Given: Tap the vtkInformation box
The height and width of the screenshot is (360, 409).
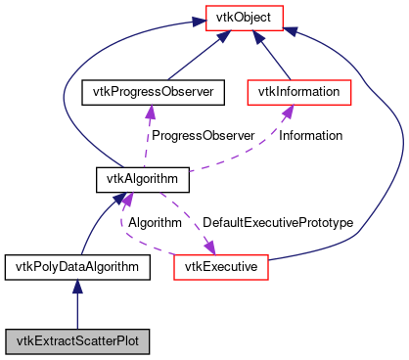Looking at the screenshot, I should click(x=298, y=92).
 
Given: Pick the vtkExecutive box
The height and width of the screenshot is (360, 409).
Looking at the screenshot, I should click(x=220, y=265).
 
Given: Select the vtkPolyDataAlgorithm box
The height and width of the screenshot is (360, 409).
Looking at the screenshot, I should click(x=76, y=265).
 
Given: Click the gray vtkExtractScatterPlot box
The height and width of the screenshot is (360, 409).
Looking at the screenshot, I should click(x=76, y=341).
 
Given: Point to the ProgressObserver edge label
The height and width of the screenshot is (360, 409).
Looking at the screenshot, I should click(x=192, y=136).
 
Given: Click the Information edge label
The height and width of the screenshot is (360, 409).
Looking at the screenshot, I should click(x=310, y=136).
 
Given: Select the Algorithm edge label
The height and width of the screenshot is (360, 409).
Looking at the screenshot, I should click(x=155, y=222).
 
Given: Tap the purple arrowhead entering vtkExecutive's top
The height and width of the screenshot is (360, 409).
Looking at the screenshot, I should click(x=208, y=247).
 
